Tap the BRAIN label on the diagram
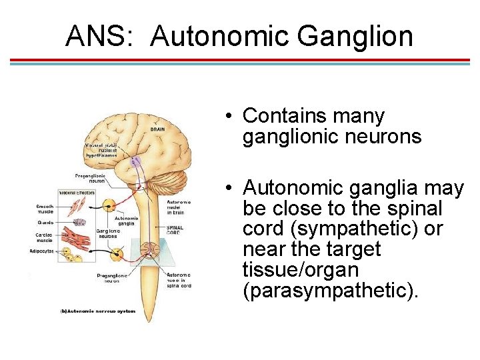(157, 129)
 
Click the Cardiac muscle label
(45, 238)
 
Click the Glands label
(45, 223)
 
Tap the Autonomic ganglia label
(127, 221)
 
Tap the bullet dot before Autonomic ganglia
(228, 188)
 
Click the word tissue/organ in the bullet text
(301, 270)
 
